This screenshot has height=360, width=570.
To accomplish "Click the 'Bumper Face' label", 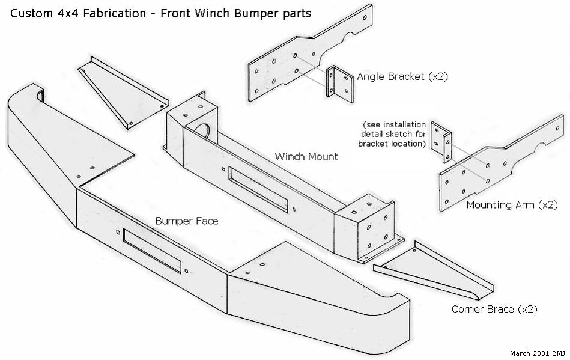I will point(186,221).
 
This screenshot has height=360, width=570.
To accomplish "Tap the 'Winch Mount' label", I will point(306,157).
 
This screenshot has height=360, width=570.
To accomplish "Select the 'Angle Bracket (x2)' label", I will point(402,77).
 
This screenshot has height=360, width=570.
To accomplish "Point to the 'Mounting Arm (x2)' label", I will point(512,205).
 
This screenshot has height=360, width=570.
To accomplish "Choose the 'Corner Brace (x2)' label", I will point(494,310).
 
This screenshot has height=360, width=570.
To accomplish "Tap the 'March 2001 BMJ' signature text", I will point(537,353).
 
